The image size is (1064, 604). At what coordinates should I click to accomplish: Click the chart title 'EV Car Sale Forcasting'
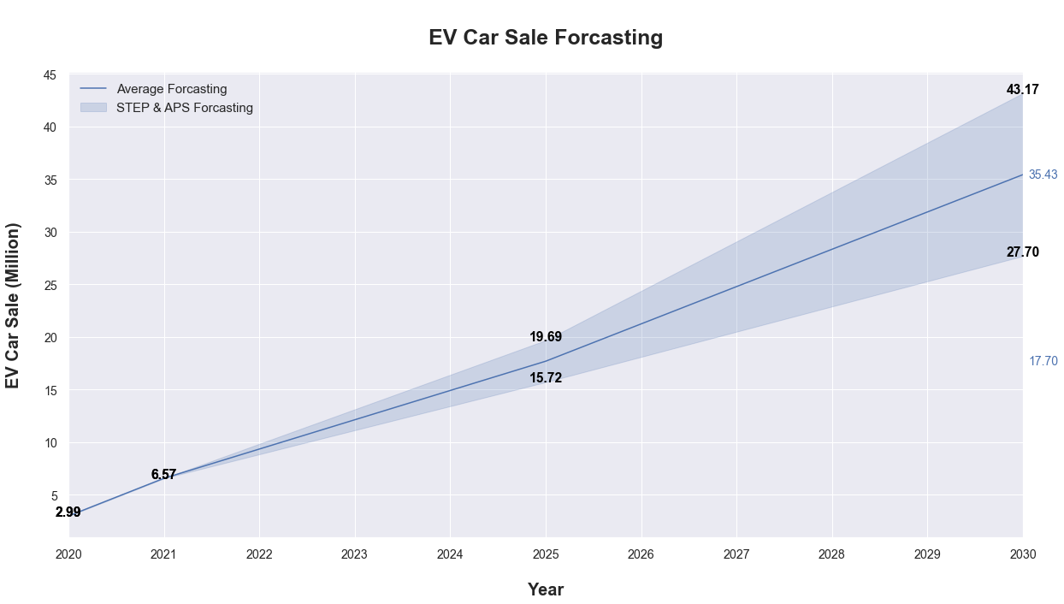point(546,38)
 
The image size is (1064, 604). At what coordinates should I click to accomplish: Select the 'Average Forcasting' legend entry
point(171,89)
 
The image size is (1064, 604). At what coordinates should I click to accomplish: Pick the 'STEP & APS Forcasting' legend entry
point(184,108)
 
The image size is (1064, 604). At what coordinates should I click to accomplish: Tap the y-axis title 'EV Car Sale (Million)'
point(13,305)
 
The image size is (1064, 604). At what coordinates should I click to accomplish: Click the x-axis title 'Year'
point(546,589)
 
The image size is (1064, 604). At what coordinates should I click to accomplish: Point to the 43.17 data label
point(1022,90)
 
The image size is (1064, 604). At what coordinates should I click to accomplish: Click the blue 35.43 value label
point(1043,175)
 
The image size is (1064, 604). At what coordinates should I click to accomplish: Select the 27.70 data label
point(1022,252)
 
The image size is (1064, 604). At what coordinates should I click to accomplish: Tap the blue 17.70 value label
point(1043,361)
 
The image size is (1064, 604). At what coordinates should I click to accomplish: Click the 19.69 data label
point(546,337)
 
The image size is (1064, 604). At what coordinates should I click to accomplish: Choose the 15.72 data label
point(546,378)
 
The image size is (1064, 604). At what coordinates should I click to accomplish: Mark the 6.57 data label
point(163,475)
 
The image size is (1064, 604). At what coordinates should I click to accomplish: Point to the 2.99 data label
point(68,512)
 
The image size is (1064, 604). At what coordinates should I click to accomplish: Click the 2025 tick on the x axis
point(546,554)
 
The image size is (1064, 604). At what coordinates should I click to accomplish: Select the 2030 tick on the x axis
point(1022,554)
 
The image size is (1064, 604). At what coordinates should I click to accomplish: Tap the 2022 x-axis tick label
point(259,554)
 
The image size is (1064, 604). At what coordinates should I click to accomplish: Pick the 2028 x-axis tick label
point(831,554)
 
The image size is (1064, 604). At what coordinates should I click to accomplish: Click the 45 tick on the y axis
point(50,75)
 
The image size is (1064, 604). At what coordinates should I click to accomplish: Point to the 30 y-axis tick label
point(50,233)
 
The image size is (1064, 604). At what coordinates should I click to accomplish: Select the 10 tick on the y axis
point(50,443)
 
